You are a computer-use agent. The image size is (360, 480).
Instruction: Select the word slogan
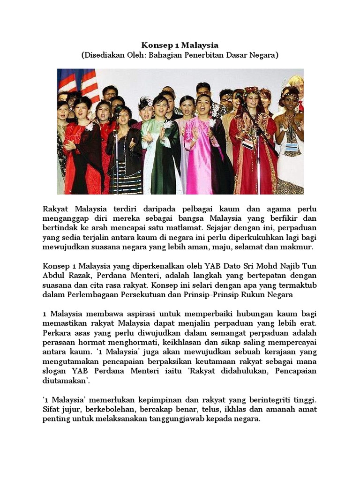[55, 371]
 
